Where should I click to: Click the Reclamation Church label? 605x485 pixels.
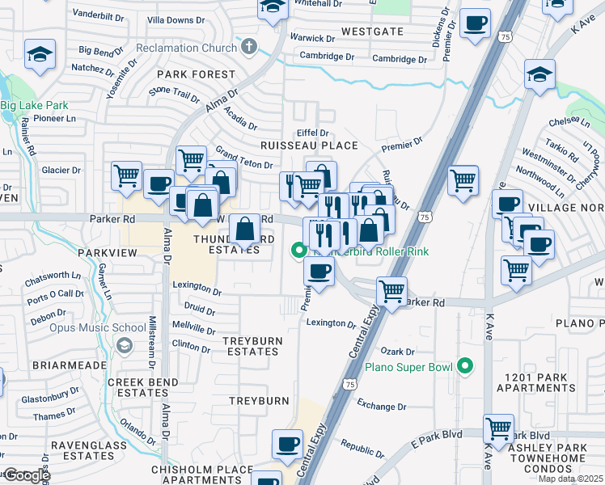[186, 48]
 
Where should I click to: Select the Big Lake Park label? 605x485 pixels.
[34, 105]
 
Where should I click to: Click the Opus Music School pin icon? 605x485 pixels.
[124, 346]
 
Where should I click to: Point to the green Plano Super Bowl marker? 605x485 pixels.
[464, 366]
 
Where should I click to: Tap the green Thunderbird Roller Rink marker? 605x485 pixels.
[298, 251]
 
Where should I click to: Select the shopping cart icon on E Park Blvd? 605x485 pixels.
[499, 428]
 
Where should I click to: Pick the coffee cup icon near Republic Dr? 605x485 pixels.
[289, 444]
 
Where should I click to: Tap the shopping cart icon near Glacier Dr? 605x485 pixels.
[127, 176]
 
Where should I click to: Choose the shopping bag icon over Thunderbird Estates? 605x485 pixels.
[244, 230]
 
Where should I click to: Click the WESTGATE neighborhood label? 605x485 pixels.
[372, 32]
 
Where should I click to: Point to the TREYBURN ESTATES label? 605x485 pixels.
[252, 346]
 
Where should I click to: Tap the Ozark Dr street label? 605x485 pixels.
[398, 352]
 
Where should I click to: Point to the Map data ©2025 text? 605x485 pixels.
[569, 479]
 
